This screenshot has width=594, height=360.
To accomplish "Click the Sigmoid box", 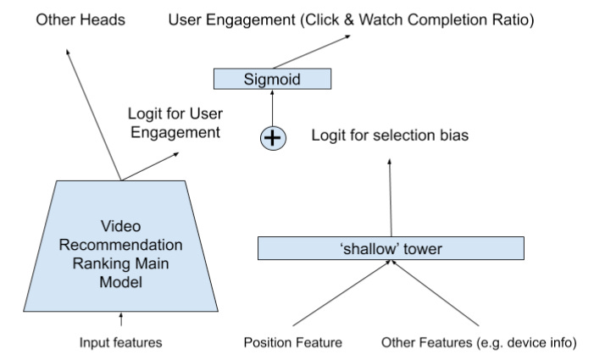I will click(x=270, y=80).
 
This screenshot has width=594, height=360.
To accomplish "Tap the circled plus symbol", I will click(x=271, y=136).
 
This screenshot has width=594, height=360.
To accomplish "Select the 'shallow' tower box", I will click(x=391, y=248).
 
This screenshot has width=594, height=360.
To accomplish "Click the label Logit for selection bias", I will click(x=390, y=136).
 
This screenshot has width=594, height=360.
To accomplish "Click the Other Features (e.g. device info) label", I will click(x=478, y=343).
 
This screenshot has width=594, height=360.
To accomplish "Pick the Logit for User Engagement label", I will click(x=175, y=122).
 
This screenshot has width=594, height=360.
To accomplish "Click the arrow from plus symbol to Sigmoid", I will click(x=271, y=107).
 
